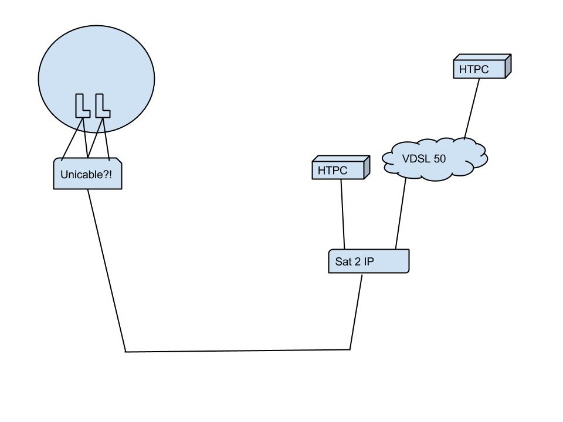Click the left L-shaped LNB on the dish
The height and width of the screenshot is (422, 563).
tap(82, 105)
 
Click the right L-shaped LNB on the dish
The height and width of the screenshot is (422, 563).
tap(102, 105)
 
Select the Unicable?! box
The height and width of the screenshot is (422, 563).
tap(87, 174)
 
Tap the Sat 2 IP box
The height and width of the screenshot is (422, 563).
tap(368, 261)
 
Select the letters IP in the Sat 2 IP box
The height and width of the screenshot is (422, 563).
tap(368, 262)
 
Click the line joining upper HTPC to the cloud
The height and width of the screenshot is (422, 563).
tap(472, 108)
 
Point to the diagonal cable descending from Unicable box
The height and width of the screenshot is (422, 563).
tap(107, 270)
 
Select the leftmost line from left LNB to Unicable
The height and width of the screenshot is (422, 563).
tap(72, 138)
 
